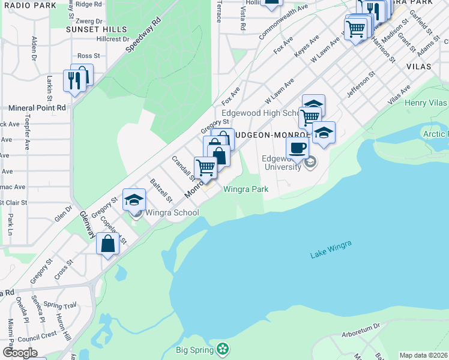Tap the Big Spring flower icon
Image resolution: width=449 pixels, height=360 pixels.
(223, 349)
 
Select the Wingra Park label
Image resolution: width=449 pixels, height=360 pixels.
(246, 189)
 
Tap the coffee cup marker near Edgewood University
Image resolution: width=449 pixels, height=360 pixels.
(297, 148)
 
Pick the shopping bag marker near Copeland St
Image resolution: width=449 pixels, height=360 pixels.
(108, 244)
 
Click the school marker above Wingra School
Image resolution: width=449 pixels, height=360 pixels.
(134, 199)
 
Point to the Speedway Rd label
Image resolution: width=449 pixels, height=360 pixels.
(144, 36)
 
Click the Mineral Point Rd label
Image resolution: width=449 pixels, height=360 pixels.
(37, 108)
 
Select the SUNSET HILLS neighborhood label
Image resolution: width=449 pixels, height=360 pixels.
(97, 29)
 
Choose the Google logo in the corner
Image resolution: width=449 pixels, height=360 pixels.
(19, 353)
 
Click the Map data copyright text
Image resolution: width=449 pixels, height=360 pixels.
(424, 355)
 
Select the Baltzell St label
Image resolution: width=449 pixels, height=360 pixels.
(161, 190)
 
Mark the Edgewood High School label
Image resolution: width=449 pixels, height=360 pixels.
(260, 113)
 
